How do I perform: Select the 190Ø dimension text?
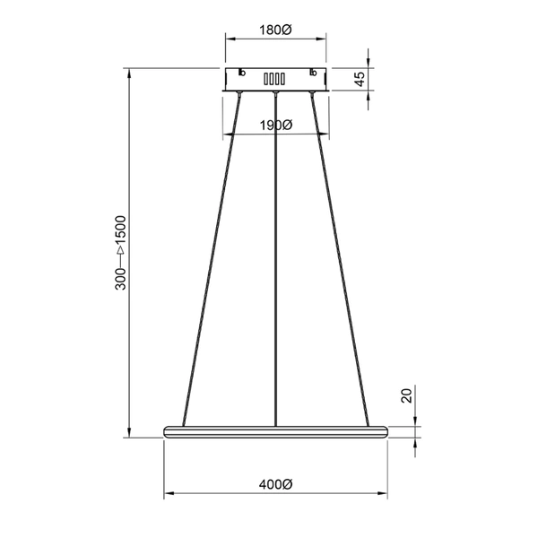pyautogui.click(x=275, y=125)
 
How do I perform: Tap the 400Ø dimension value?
pyautogui.click(x=275, y=484)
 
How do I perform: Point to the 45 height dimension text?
pyautogui.click(x=360, y=80)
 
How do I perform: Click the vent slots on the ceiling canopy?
pyautogui.click(x=275, y=78)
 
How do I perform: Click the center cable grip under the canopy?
pyautogui.click(x=275, y=92)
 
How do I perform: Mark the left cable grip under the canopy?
pyautogui.click(x=239, y=92)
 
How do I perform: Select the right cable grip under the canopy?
pyautogui.click(x=312, y=92)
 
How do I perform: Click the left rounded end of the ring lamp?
pyautogui.click(x=166, y=430)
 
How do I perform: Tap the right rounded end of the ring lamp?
pyautogui.click(x=386, y=430)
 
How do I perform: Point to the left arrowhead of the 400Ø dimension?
pyautogui.click(x=167, y=492)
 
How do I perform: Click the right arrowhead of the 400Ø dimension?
pyautogui.click(x=384, y=492)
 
